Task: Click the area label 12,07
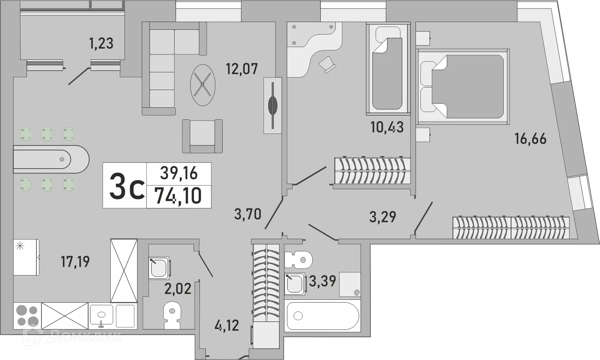coord(242,69)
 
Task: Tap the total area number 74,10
coord(178,196)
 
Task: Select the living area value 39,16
coord(179,173)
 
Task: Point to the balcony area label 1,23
coord(101,43)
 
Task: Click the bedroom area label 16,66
coord(530,139)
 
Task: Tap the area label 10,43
coord(387,127)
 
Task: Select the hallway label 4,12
coord(227,325)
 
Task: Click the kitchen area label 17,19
coord(75,262)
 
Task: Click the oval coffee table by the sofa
coord(202,85)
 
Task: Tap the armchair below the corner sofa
coord(202,136)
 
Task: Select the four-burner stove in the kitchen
coord(28,316)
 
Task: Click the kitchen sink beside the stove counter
coord(102,316)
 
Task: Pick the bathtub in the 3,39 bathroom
coord(322,316)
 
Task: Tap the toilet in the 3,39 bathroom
coord(298,260)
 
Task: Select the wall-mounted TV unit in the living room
coord(273,105)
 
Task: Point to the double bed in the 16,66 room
coord(463,87)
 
